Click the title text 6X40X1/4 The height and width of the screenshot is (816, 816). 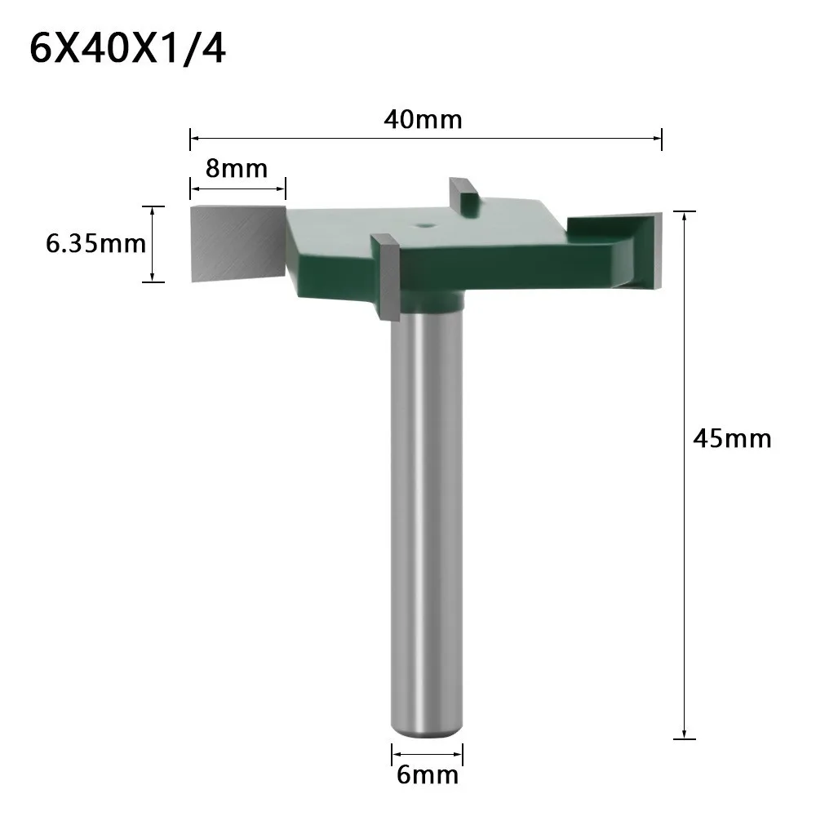(127, 50)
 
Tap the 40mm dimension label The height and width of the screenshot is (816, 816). (423, 120)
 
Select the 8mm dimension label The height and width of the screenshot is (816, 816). (237, 169)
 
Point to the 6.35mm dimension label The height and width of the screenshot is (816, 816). (95, 244)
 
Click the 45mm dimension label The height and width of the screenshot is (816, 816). (732, 438)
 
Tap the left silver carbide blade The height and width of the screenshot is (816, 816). (237, 242)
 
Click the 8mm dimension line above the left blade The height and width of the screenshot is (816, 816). (237, 189)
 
